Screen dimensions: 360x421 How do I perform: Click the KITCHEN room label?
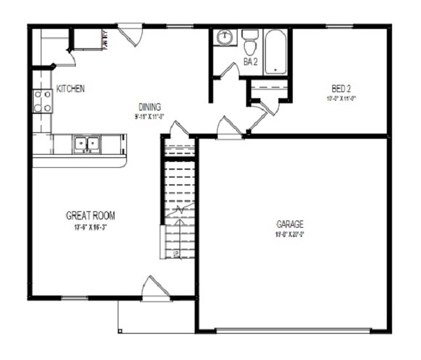[x=70, y=89]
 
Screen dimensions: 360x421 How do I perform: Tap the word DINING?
[x=149, y=107]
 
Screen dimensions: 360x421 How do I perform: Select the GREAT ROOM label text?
[x=91, y=215]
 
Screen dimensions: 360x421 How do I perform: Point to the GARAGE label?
[x=289, y=224]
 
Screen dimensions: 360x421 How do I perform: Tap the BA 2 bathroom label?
[x=251, y=63]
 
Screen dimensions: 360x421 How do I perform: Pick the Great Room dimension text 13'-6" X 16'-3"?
[x=91, y=228]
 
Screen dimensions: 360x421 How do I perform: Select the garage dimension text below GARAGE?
[x=289, y=234]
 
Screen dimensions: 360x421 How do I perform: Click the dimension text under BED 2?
[x=341, y=99]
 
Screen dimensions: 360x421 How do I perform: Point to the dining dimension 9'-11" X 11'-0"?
[x=149, y=116]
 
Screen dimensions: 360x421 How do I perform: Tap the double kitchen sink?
[x=86, y=144]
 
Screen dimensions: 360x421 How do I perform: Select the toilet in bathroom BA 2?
[x=249, y=44]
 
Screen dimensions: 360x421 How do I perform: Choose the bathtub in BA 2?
[x=275, y=51]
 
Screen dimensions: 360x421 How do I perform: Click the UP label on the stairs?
[x=176, y=253]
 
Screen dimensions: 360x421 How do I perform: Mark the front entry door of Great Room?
[x=155, y=290]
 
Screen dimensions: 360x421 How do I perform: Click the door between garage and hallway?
[x=230, y=128]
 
